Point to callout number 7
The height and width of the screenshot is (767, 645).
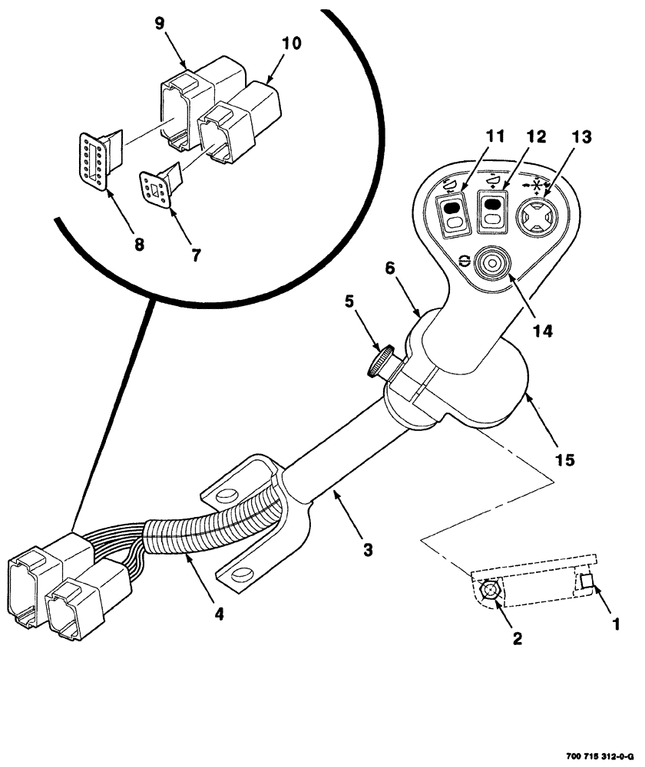click(196, 255)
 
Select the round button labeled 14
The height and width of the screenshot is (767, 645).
click(488, 265)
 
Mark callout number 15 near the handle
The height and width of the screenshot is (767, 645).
click(564, 459)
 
